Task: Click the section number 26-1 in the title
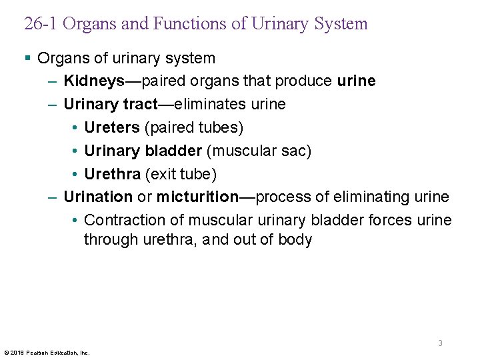pos(41,25)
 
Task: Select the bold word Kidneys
pos(93,81)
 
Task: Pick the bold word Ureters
pos(113,127)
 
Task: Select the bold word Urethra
pos(113,174)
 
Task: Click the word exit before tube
pos(163,174)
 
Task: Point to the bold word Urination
pos(98,197)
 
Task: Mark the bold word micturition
pos(197,197)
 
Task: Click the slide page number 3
pos(440,343)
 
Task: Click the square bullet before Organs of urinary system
pos(27,59)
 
